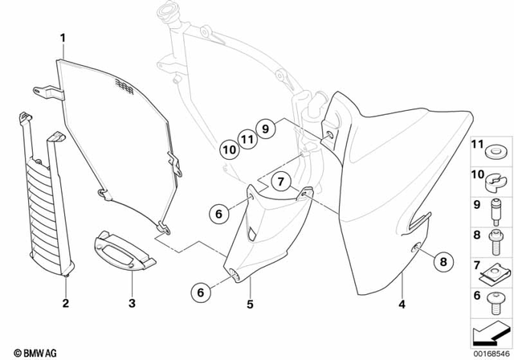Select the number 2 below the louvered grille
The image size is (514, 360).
tap(66, 303)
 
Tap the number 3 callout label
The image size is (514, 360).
tap(131, 303)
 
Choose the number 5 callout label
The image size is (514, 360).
tap(249, 305)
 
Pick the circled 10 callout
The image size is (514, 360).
tap(228, 149)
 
